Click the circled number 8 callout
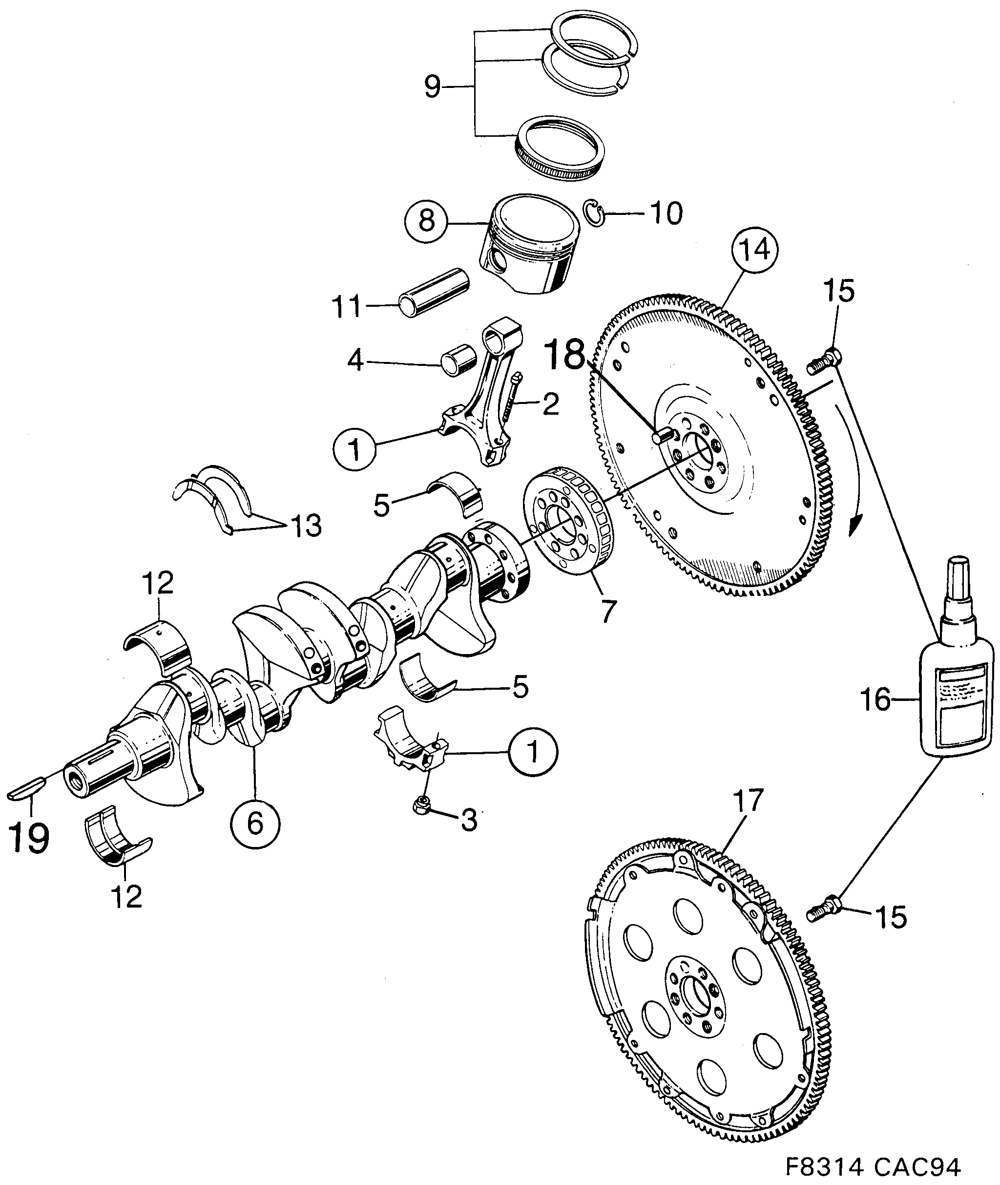coord(427,221)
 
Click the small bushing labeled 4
coord(458,360)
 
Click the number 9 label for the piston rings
coord(432,87)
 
